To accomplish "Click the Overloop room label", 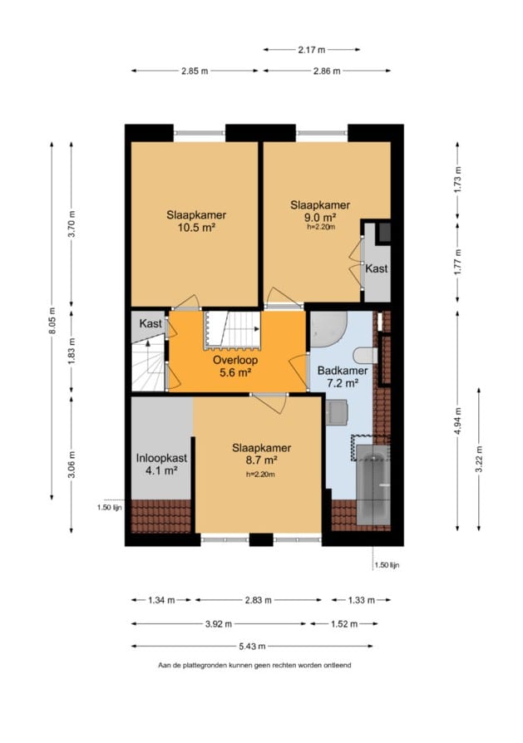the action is point(235,360).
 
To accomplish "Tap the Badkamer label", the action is point(343,371).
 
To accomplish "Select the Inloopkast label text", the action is point(161,458).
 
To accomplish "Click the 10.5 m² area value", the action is point(196,228).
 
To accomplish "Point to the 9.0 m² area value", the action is point(320,218).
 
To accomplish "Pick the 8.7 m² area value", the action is point(261,460).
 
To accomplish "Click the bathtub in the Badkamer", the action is point(373,485).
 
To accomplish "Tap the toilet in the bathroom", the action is point(366,356).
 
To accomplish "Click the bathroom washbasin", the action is point(337,411).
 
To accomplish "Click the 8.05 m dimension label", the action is point(52,321).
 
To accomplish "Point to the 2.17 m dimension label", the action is point(312,49).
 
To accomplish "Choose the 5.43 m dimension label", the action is point(252,646).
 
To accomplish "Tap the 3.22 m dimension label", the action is point(479,459).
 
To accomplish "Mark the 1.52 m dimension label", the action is point(344,624).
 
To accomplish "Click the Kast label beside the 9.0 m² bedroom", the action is point(377,268).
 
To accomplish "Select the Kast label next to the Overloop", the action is point(150,323).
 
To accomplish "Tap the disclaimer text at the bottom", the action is point(254,665).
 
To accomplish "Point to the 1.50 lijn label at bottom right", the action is point(387,565).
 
